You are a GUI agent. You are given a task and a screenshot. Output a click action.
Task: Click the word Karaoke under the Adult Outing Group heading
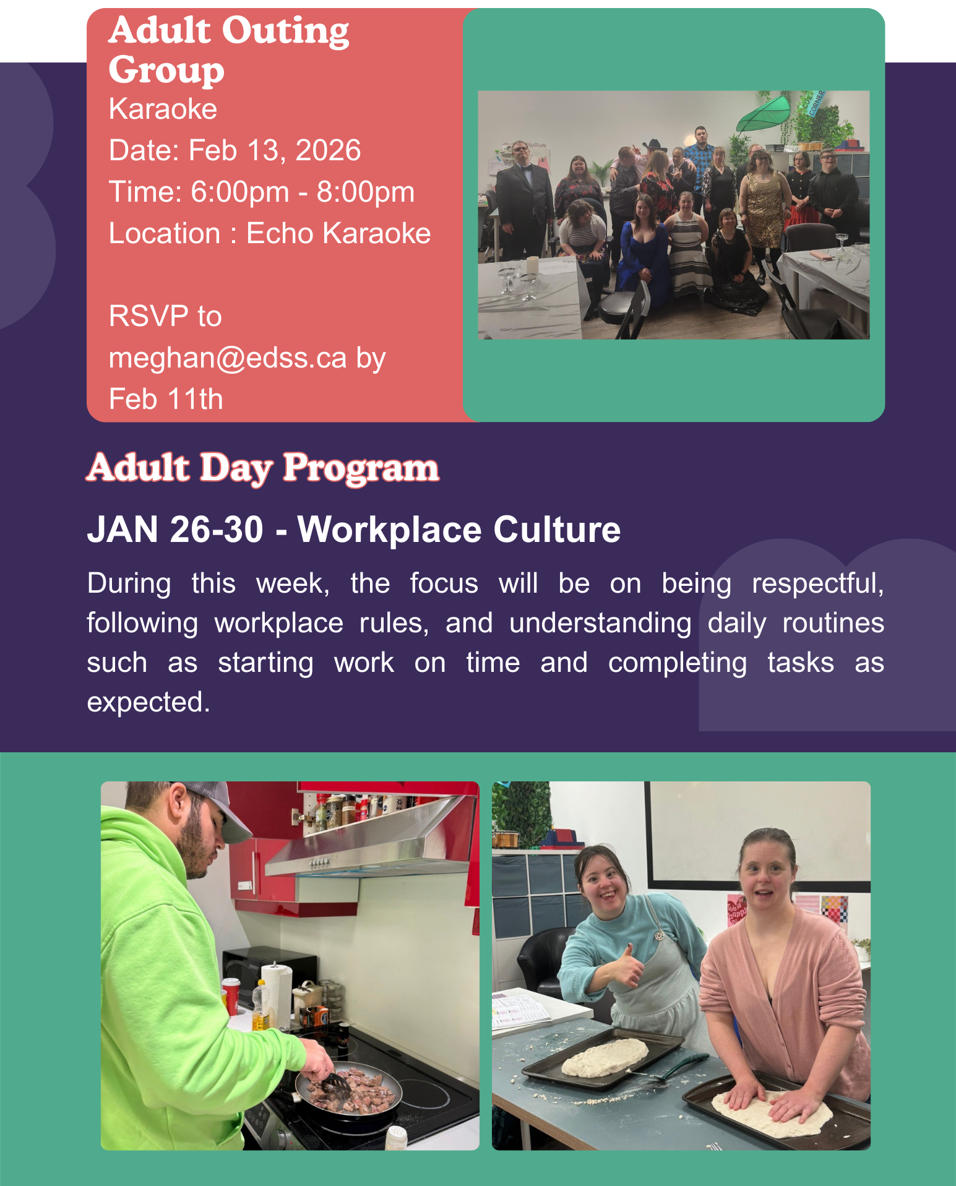[163, 109]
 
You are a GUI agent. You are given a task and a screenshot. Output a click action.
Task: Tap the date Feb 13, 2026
[274, 150]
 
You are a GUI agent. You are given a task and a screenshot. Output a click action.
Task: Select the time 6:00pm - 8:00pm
[303, 192]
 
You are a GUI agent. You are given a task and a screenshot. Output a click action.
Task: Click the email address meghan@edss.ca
[228, 358]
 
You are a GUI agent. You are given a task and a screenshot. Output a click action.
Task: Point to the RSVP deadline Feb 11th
[166, 399]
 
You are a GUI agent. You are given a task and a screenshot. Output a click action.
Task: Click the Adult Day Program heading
[263, 468]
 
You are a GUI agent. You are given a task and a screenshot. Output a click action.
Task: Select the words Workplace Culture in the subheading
[459, 530]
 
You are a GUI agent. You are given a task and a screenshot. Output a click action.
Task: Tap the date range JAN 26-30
[175, 530]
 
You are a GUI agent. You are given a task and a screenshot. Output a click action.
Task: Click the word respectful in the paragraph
[817, 584]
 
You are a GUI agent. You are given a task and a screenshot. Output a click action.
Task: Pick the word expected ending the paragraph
[149, 703]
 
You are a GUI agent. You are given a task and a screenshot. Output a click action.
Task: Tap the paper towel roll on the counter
[277, 994]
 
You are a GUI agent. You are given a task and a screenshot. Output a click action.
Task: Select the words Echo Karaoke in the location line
[338, 233]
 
